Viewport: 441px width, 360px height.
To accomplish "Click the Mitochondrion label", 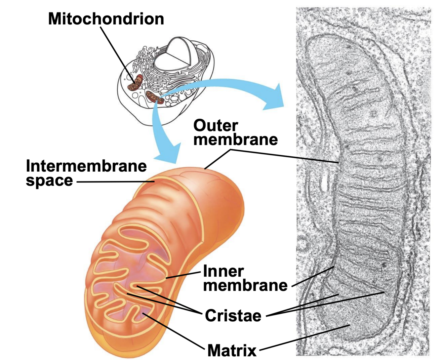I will tap(106, 19).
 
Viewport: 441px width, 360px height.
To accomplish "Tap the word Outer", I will tap(216, 126).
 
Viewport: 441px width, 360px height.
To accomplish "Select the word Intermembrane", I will tap(86, 166).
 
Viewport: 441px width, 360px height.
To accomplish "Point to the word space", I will tap(49, 180).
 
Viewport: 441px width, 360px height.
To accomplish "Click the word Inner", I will tap(223, 271).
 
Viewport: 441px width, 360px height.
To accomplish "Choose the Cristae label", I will tap(233, 315).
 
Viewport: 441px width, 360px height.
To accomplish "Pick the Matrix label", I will tap(232, 350).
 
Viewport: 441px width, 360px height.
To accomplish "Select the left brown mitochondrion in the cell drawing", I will tap(135, 84).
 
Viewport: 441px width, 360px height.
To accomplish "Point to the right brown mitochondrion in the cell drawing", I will tap(155, 97).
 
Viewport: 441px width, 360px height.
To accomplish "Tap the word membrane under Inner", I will tap(245, 285).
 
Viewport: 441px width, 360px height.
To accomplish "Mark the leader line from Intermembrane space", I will tap(116, 181).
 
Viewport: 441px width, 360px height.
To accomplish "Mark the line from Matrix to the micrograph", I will tap(304, 337).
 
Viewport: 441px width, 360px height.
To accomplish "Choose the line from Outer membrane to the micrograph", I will tap(284, 156).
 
